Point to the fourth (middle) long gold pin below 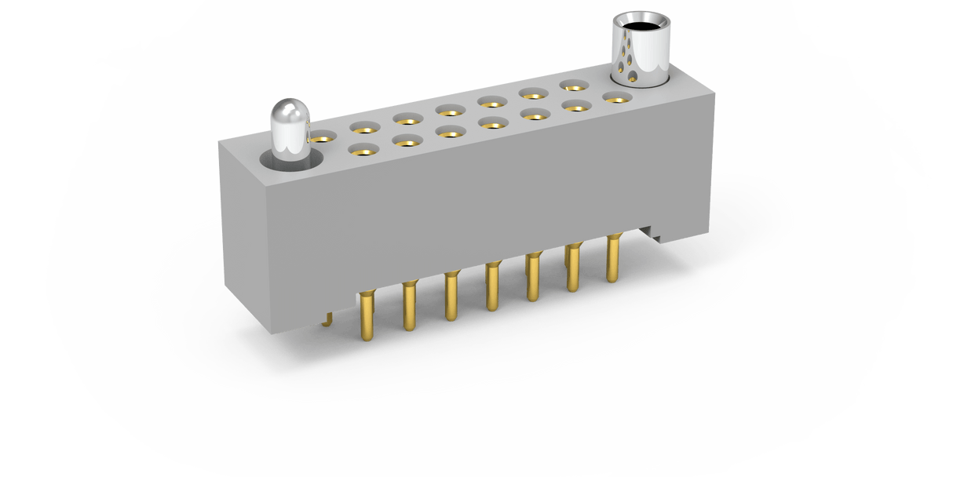click(x=493, y=286)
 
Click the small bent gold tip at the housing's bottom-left click(x=329, y=318)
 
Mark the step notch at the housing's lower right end click(x=653, y=234)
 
